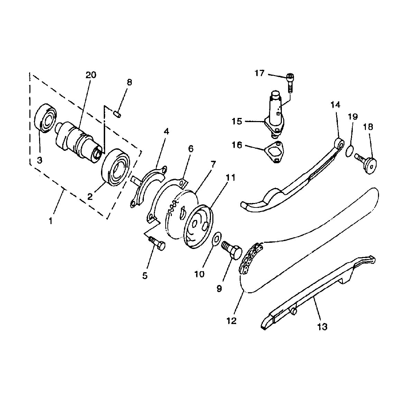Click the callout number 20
91,75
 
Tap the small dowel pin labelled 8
117,113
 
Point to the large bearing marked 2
116,167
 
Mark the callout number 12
231,321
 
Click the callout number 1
51,220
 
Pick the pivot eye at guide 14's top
340,142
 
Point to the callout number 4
166,132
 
